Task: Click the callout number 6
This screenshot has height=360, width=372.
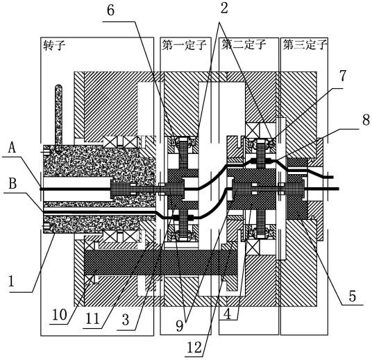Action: (110, 10)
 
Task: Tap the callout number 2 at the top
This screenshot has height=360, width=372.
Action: (224, 8)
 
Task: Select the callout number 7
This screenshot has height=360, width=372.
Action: (343, 76)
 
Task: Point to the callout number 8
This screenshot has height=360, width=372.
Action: (366, 120)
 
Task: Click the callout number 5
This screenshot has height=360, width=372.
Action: (353, 296)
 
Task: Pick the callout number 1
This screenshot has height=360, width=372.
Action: (11, 281)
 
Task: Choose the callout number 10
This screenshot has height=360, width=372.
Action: (59, 316)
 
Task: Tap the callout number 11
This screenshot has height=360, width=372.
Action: (92, 319)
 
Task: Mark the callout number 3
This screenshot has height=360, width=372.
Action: (126, 320)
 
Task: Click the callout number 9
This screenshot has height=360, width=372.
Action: (180, 326)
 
